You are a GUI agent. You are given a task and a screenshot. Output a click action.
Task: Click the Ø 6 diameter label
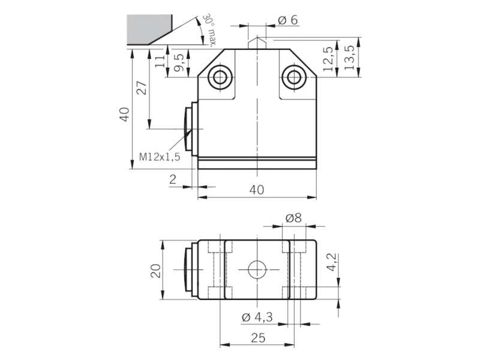tap(288, 20)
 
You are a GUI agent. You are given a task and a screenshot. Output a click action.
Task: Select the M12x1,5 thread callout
tap(160, 157)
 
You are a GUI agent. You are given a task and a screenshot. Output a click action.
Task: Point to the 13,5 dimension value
tap(349, 58)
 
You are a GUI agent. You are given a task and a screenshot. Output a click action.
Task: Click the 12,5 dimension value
tap(328, 59)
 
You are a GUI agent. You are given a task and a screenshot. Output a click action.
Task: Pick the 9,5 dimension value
tap(179, 63)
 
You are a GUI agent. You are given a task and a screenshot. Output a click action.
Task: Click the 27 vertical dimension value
tap(142, 88)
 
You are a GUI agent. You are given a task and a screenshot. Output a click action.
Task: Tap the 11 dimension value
tap(160, 61)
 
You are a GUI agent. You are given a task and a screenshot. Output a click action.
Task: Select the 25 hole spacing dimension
tap(258, 338)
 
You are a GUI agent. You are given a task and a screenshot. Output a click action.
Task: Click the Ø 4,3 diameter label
tap(257, 317)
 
